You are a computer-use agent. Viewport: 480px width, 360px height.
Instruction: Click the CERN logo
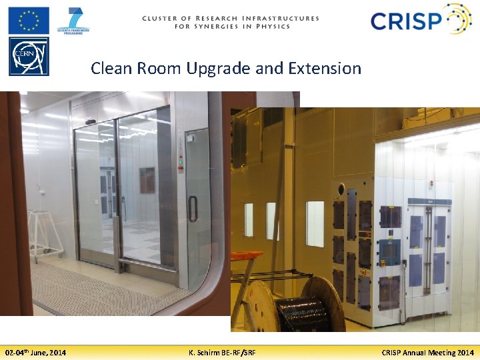(x=28, y=56)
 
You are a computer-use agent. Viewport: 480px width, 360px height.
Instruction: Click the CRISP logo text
(x=407, y=21)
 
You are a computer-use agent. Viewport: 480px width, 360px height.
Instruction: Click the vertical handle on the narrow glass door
(x=192, y=209)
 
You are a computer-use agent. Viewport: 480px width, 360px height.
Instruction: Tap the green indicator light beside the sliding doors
(x=180, y=162)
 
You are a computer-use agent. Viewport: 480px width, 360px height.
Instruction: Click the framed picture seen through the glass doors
(x=147, y=180)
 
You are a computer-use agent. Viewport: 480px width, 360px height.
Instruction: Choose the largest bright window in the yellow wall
(x=315, y=223)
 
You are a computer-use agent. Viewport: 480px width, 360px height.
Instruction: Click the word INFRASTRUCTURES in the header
(x=283, y=19)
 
